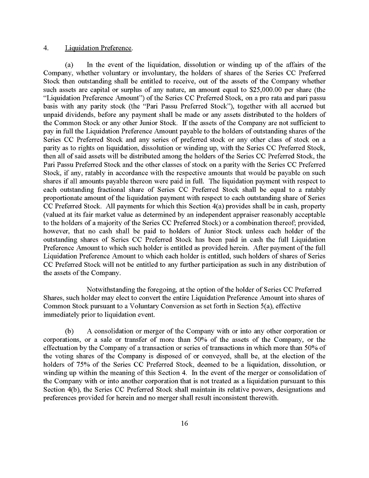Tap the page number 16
184,423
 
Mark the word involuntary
160,72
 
